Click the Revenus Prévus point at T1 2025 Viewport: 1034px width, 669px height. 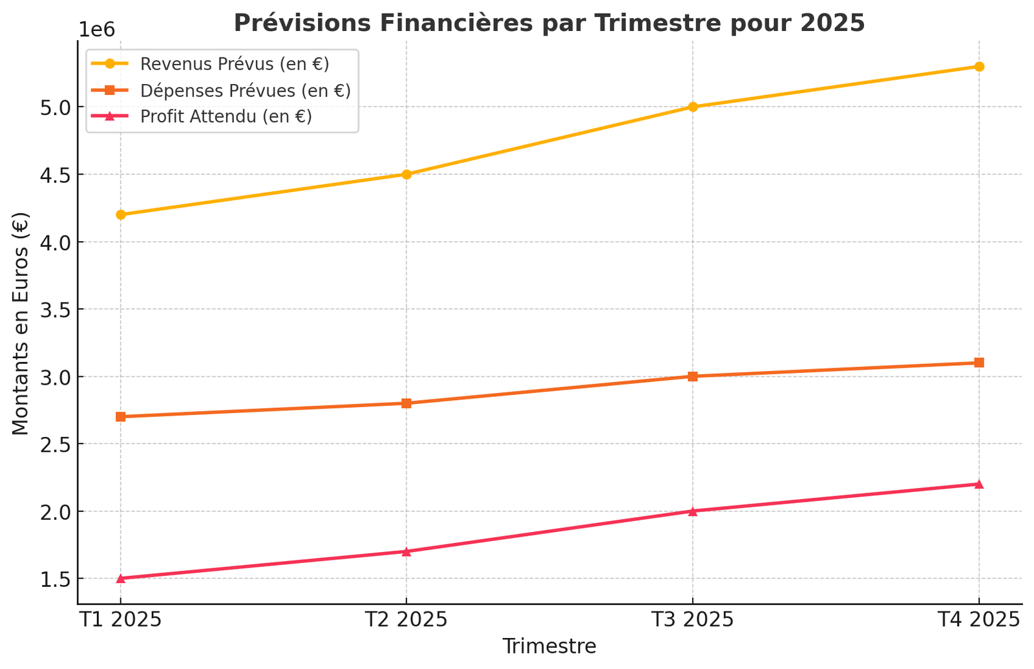[120, 215]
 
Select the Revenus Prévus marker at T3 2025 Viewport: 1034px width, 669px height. [693, 107]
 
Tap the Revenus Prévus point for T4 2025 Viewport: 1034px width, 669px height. [979, 67]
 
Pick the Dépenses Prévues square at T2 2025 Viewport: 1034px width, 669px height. [406, 403]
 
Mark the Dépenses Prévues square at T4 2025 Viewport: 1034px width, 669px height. [979, 363]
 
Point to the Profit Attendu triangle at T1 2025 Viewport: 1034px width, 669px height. [120, 579]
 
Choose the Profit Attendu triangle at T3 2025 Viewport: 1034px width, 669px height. [693, 511]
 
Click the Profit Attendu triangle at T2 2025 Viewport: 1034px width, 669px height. [406, 551]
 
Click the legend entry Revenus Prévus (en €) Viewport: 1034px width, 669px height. [235, 64]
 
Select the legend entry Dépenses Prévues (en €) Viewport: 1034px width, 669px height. [245, 90]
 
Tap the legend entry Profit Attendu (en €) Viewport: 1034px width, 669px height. [226, 117]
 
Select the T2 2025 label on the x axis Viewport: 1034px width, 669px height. [406, 620]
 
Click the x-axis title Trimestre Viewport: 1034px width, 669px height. [549, 646]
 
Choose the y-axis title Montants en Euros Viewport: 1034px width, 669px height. [21, 323]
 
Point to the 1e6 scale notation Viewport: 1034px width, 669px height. [96, 30]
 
